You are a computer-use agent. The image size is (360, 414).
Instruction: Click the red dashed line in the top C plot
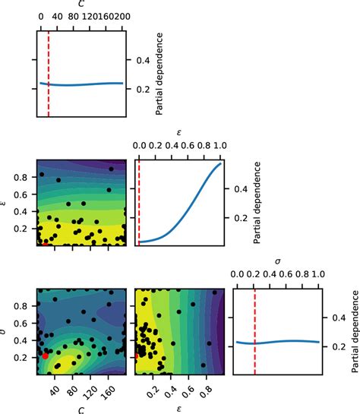click(49, 76)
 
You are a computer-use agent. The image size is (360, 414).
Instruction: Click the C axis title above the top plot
click(81, 4)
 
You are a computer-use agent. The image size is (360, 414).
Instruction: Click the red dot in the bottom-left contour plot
click(46, 355)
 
